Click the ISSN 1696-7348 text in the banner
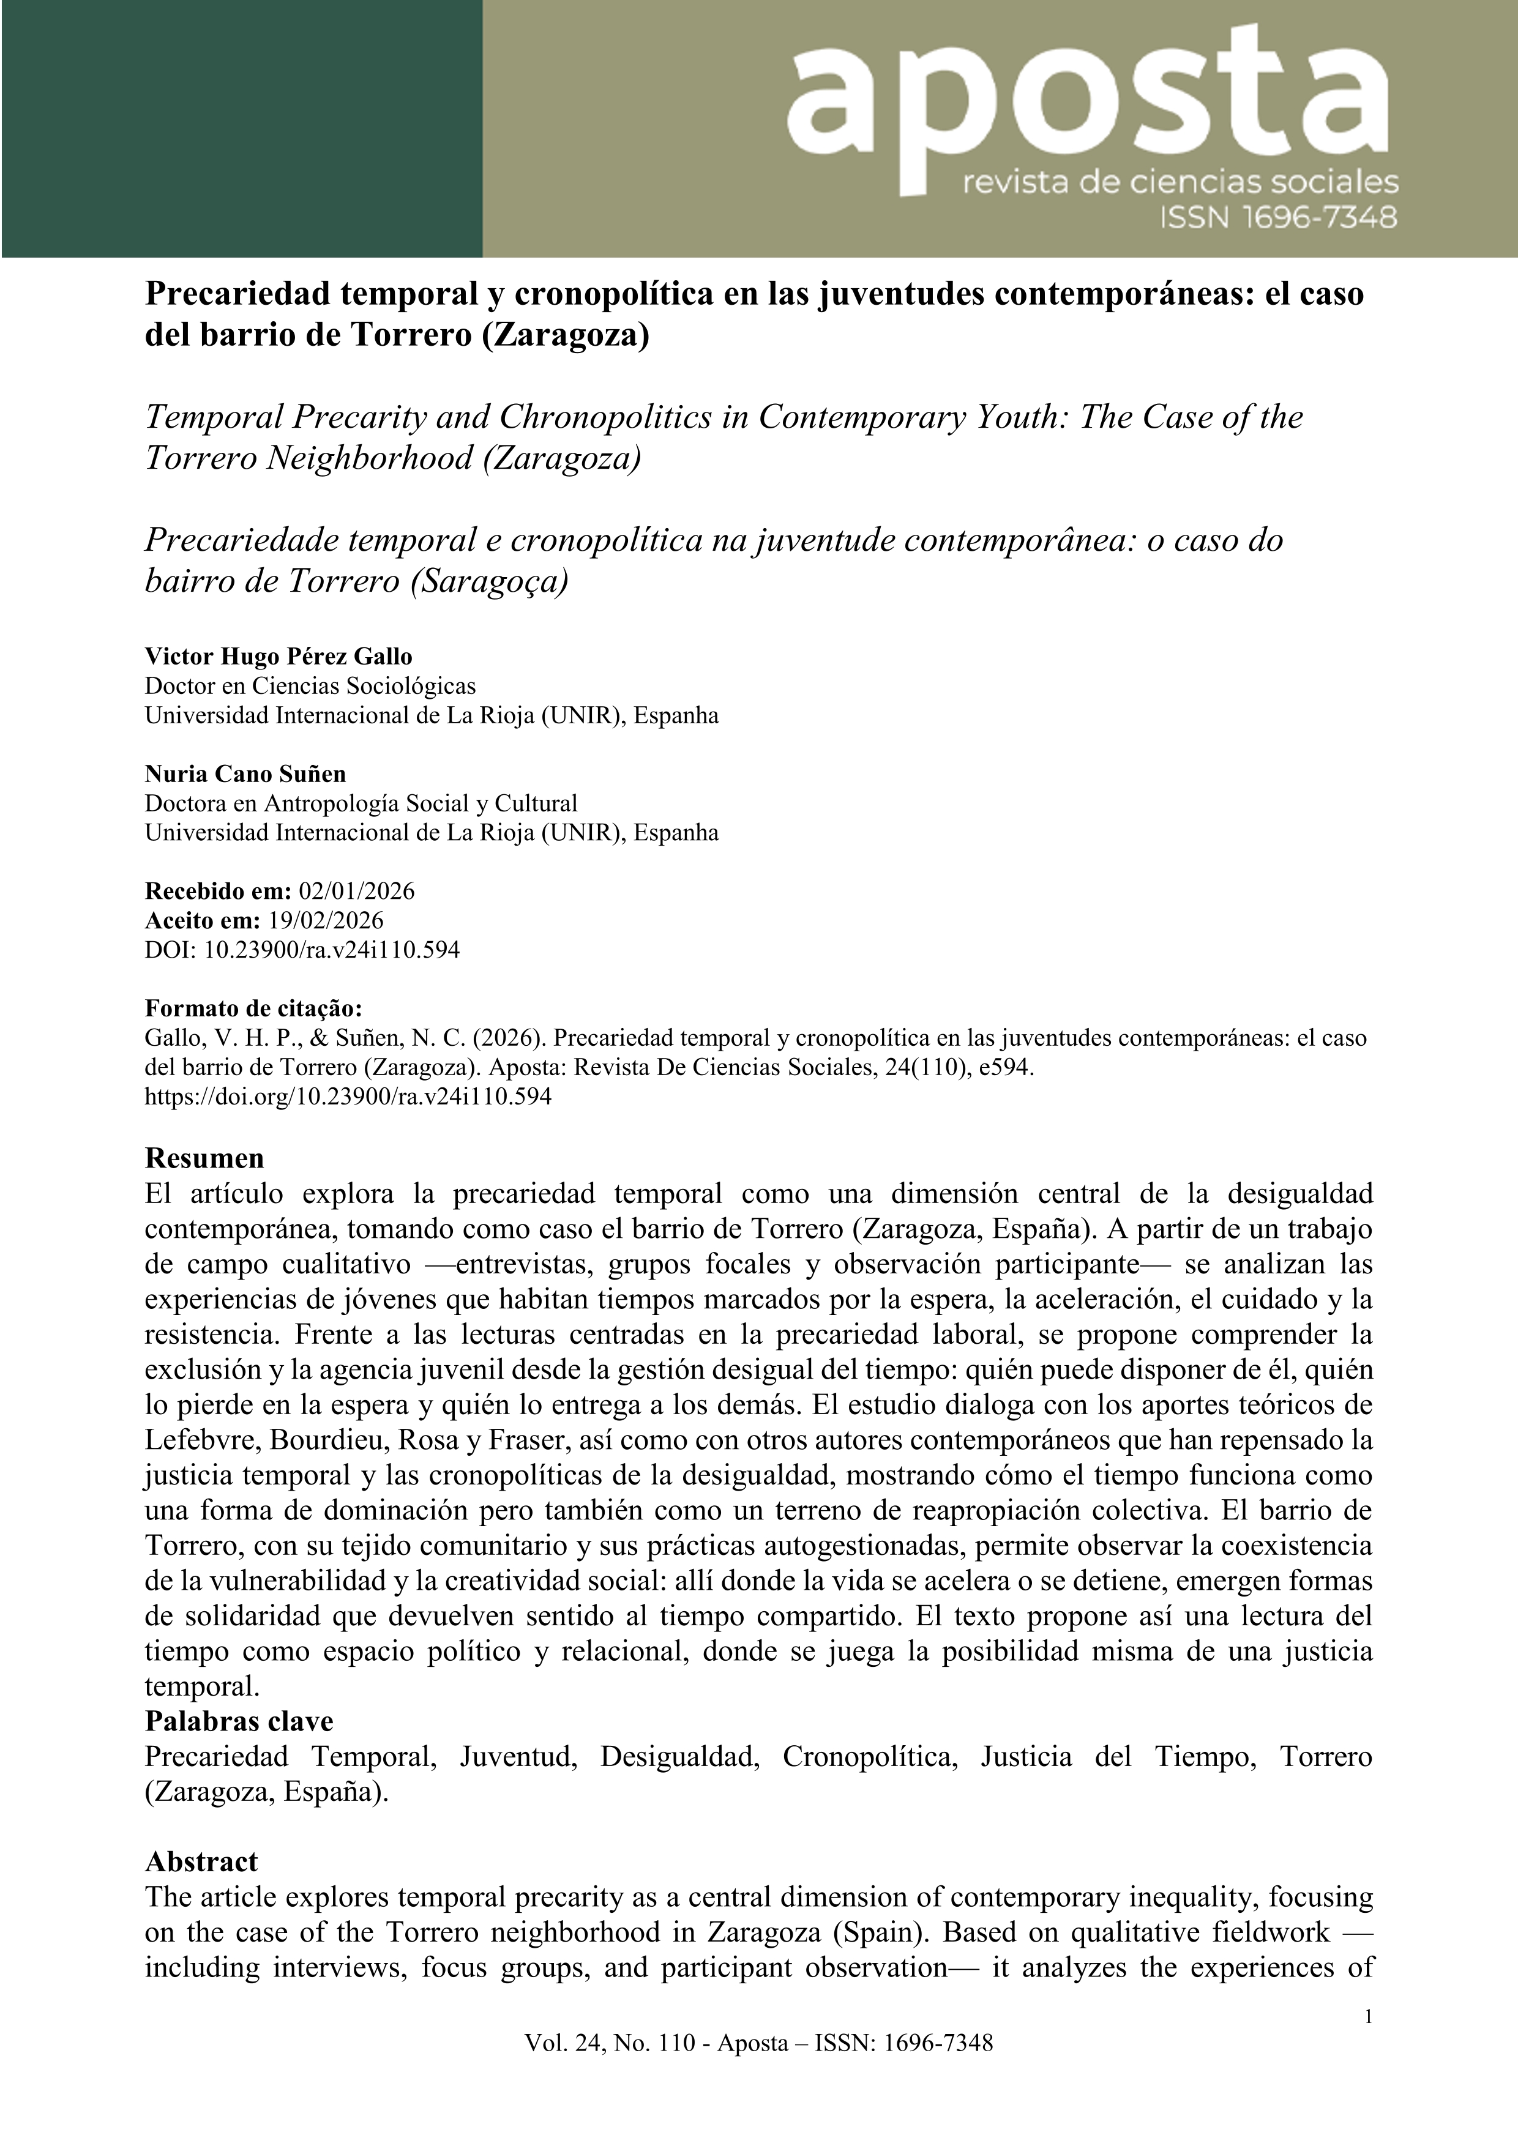(1278, 218)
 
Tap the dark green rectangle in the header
(241, 128)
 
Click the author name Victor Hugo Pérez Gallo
(278, 656)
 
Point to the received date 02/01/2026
(356, 891)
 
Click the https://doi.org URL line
(348, 1097)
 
